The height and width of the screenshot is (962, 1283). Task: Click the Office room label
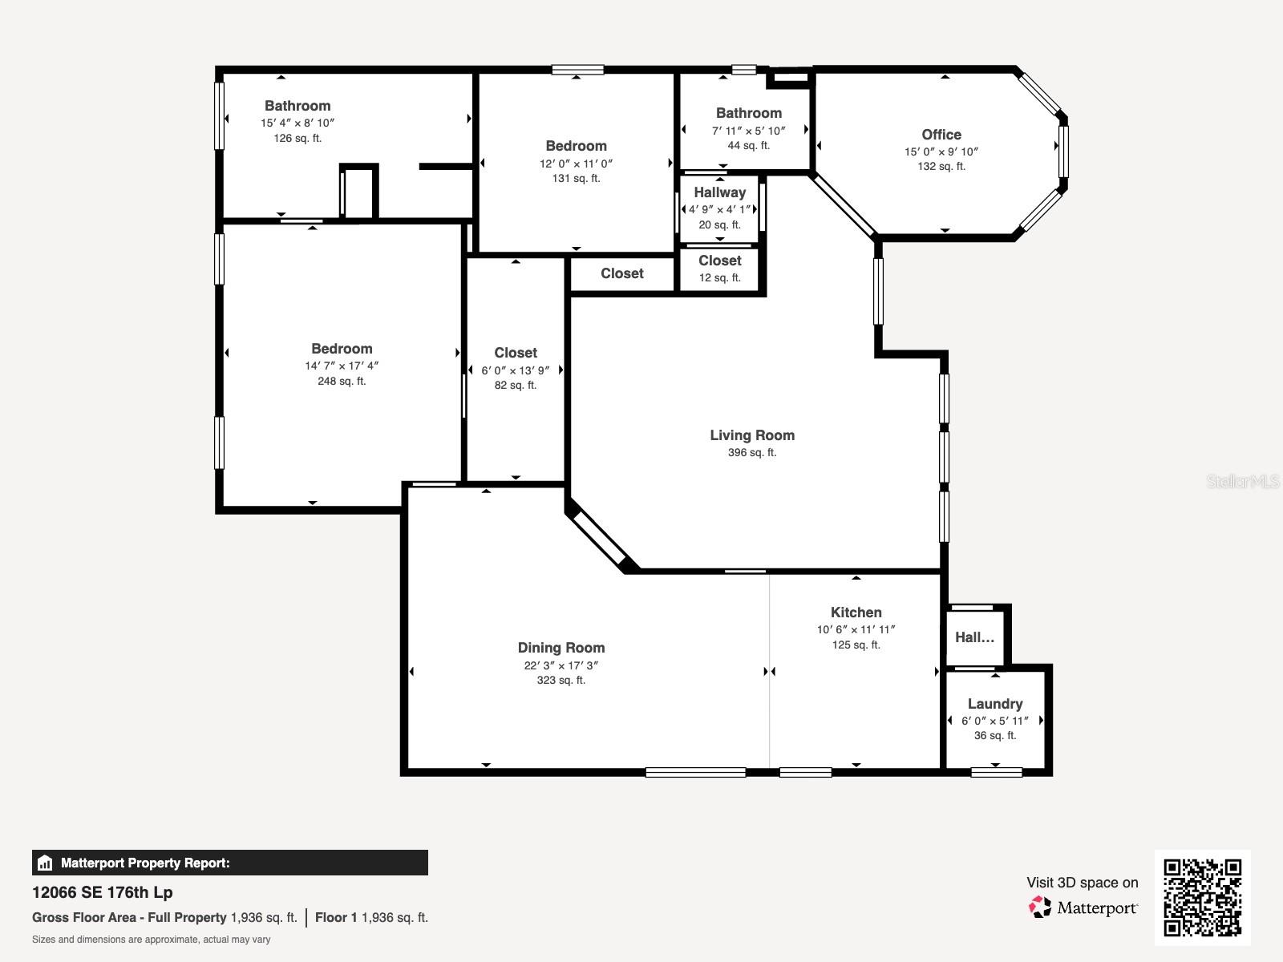941,135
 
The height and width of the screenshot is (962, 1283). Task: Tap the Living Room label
752,435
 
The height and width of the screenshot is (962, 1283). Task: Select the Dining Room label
561,648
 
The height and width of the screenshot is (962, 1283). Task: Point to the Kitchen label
856,612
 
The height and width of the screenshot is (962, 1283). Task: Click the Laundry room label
995,704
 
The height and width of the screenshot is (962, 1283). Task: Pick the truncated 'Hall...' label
974,637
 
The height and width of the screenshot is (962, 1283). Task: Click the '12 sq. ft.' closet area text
719,277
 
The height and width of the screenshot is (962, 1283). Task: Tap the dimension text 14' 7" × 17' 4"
342,366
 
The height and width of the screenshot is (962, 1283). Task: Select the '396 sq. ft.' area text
752,452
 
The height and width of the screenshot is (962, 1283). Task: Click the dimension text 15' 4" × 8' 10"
297,123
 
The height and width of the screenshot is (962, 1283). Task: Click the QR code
1202,897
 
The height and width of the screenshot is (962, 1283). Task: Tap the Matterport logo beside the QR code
1083,907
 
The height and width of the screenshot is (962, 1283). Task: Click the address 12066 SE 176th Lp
103,892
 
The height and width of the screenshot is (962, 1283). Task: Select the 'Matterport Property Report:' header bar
229,863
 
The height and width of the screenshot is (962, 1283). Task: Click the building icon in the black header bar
45,863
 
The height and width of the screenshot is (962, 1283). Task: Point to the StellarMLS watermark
1243,481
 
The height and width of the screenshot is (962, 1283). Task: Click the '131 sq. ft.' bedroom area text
576,178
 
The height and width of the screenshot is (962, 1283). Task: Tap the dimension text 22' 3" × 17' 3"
561,665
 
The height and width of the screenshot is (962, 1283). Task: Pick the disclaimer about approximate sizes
152,940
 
